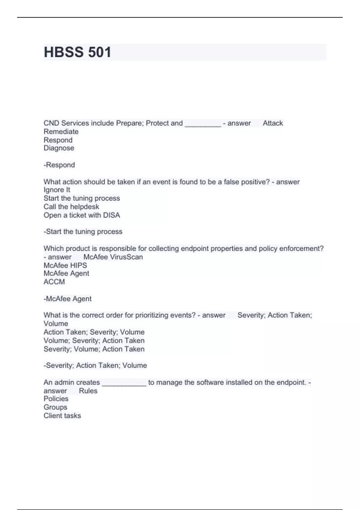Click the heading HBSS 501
77,52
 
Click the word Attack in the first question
273,123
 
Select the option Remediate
61,132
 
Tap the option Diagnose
59,148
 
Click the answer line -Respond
59,165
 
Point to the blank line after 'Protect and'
203,124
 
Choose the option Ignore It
57,190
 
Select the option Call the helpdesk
71,207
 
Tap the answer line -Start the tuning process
83,232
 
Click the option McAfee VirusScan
113,257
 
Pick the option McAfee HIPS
65,265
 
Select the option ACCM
54,282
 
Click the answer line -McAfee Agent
67,299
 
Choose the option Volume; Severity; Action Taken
94,341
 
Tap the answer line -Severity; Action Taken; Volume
95,365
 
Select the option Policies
56,399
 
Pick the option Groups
55,407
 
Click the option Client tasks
62,416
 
